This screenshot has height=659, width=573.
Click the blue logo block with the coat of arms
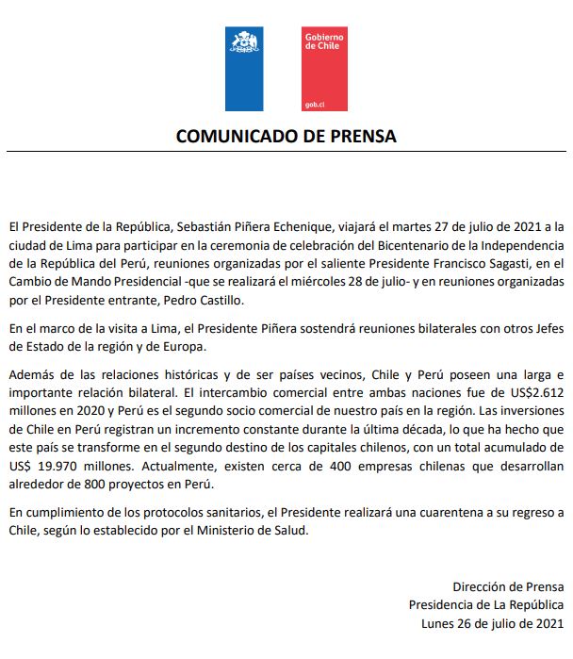244,70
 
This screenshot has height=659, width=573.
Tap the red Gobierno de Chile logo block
323,70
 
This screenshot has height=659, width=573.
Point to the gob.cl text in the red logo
314,104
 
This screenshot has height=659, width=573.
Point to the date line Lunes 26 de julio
494,623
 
